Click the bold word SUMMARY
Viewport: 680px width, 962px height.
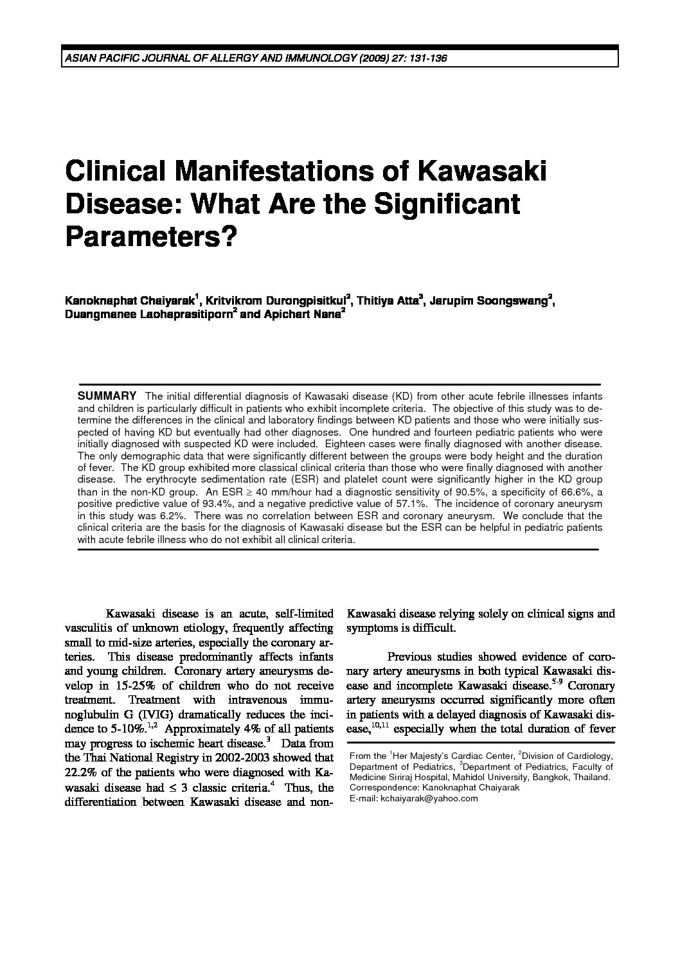pos(107,395)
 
